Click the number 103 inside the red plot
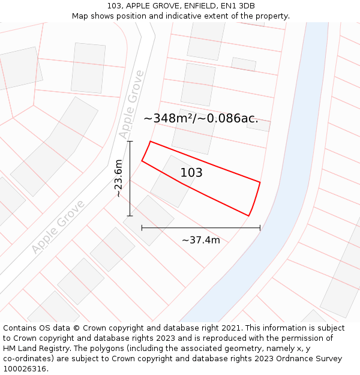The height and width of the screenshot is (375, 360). pyautogui.click(x=191, y=173)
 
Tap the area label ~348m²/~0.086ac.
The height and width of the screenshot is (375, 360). pyautogui.click(x=201, y=118)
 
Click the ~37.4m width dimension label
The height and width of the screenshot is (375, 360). pyautogui.click(x=201, y=240)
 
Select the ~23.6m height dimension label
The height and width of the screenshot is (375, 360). pyautogui.click(x=119, y=178)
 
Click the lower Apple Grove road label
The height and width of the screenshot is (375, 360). pyautogui.click(x=58, y=226)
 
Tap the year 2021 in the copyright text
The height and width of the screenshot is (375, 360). pyautogui.click(x=231, y=328)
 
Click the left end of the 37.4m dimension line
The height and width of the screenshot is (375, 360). pyautogui.click(x=142, y=228)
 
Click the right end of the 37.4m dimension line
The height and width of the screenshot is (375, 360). pyautogui.click(x=260, y=228)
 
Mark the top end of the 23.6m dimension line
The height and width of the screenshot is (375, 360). pyautogui.click(x=130, y=142)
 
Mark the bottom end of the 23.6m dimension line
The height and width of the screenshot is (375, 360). pyautogui.click(x=130, y=215)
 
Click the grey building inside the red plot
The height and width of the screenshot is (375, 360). pyautogui.click(x=173, y=182)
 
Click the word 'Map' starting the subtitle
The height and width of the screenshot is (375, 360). pyautogui.click(x=80, y=16)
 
